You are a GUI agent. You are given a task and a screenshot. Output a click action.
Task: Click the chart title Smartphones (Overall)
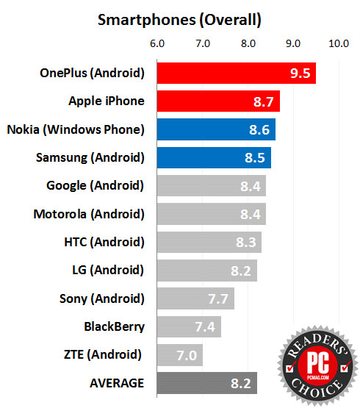click(179, 20)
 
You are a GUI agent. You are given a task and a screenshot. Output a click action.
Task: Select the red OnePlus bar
click(236, 73)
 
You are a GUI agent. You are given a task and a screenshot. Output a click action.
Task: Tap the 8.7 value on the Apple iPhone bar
click(263, 101)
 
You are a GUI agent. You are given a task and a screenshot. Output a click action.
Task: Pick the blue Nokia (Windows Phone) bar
click(216, 129)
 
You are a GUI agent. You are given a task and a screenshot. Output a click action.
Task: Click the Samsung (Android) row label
click(90, 157)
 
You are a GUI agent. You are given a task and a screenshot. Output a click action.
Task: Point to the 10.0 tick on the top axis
click(339, 43)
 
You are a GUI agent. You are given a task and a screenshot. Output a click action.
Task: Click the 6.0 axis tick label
click(157, 43)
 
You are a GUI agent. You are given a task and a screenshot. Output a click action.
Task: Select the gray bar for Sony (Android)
click(195, 298)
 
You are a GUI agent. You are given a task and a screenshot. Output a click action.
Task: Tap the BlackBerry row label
click(114, 327)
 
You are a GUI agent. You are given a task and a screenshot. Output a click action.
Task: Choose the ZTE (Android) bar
click(180, 355)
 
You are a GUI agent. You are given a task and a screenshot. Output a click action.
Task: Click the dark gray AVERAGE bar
click(207, 383)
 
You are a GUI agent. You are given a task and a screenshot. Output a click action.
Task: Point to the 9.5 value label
click(300, 74)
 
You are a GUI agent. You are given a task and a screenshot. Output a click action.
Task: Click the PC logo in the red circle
click(318, 363)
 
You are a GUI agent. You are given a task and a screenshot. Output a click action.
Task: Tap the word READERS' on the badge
click(317, 344)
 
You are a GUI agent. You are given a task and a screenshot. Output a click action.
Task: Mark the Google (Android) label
click(95, 186)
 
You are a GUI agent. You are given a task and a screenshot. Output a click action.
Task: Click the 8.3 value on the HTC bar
click(246, 243)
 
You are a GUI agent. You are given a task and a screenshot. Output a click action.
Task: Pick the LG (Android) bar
click(207, 271)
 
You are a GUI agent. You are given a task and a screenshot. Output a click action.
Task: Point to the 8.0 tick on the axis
click(248, 43)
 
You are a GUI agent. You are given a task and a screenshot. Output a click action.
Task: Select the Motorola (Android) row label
click(89, 215)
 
